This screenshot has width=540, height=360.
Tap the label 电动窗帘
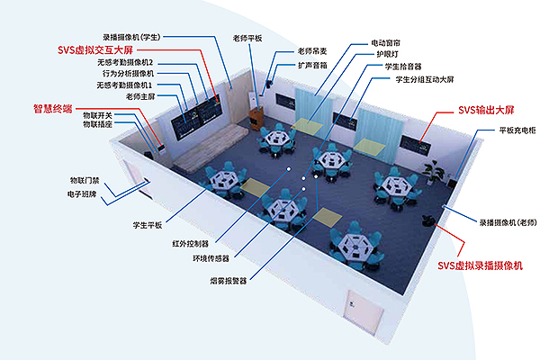pyautogui.click(x=390, y=42)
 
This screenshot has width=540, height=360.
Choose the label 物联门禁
pyautogui.click(x=86, y=180)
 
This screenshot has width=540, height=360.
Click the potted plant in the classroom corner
pyautogui.click(x=436, y=170)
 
